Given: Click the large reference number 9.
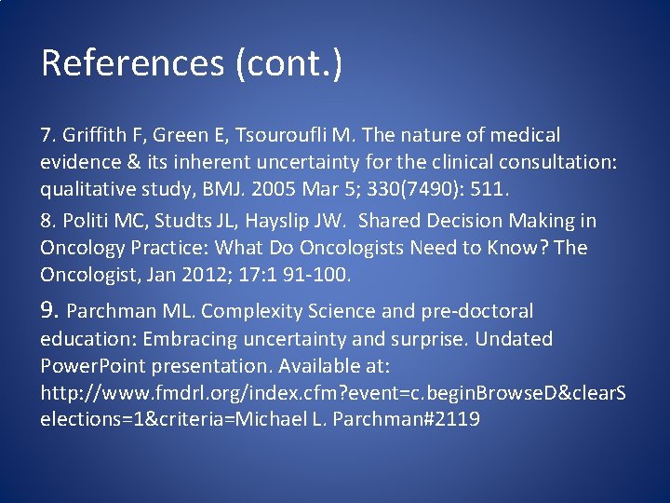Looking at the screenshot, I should pos(50,310).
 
